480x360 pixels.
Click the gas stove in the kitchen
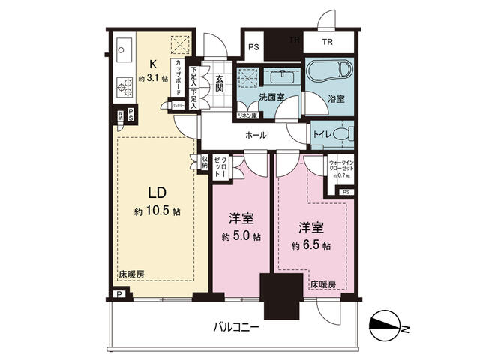(x=124, y=88)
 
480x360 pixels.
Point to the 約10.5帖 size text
(x=158, y=212)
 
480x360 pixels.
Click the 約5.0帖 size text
(x=241, y=236)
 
